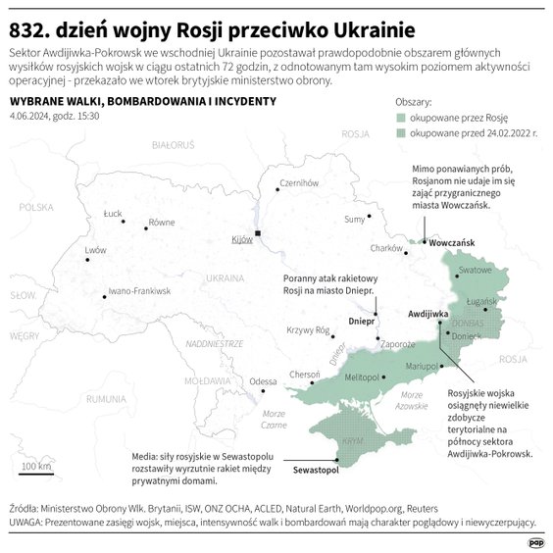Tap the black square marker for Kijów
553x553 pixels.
click(258, 233)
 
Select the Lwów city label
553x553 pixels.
click(95, 250)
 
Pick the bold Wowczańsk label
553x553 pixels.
click(452, 241)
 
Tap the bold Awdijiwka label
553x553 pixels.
click(427, 314)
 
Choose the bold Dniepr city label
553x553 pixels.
click(364, 321)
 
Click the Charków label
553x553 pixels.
click(387, 249)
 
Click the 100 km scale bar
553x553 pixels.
click(36, 474)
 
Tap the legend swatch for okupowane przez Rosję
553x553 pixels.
click(400, 117)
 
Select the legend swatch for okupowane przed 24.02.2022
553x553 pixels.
click(400, 132)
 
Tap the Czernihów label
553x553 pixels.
click(300, 183)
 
